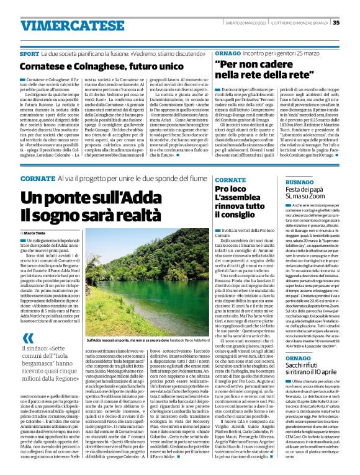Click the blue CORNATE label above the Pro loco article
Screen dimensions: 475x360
(229, 178)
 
